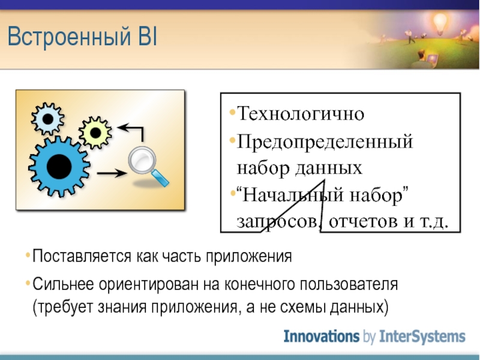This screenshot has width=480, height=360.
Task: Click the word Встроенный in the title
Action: click(x=69, y=37)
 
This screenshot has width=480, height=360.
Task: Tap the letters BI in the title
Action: click(x=148, y=36)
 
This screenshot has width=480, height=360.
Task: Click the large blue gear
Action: click(x=59, y=167)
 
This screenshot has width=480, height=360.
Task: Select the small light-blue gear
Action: click(x=48, y=119)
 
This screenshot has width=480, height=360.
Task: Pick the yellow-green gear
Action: click(x=95, y=133)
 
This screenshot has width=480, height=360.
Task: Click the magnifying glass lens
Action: click(x=142, y=161)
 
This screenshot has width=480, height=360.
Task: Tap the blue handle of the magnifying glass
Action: click(x=160, y=178)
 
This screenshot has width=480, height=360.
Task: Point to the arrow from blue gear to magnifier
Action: click(x=112, y=173)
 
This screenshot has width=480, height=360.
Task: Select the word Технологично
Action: click(x=301, y=113)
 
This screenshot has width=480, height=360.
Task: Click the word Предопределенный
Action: click(x=325, y=142)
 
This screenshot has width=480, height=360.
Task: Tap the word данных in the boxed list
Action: click(x=328, y=168)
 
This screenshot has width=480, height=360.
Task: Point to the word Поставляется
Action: click(x=82, y=256)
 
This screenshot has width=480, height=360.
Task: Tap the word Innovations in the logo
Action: click(x=322, y=336)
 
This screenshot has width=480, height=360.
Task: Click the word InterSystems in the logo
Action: click(x=422, y=337)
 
